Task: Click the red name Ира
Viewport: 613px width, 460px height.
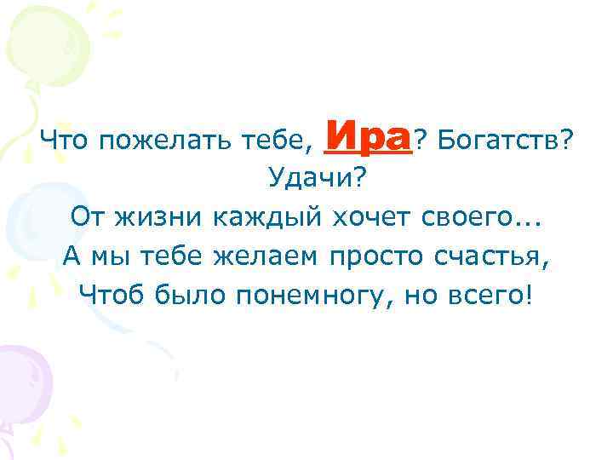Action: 369,135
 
